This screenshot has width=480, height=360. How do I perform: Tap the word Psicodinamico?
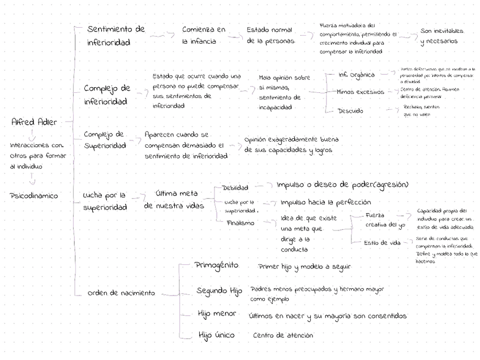34,196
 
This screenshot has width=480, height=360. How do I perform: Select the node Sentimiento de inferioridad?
115,36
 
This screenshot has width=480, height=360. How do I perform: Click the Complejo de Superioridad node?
105,140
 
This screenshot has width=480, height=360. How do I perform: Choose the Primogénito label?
217,265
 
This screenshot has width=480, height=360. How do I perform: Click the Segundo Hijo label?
219,291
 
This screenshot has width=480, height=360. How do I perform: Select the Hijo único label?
216,336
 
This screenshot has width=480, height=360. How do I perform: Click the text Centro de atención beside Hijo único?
282,336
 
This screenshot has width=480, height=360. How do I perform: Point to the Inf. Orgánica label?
357,75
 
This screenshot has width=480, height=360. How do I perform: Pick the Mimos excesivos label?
360,92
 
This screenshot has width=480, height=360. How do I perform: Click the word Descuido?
350,111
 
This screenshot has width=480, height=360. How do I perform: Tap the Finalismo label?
240,223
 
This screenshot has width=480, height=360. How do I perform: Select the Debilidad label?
235,188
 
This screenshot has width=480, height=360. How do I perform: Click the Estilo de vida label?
382,243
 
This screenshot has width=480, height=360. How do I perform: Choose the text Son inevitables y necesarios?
442,36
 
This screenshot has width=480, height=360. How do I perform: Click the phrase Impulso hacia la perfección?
325,202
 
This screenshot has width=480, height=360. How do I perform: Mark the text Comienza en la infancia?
204,35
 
